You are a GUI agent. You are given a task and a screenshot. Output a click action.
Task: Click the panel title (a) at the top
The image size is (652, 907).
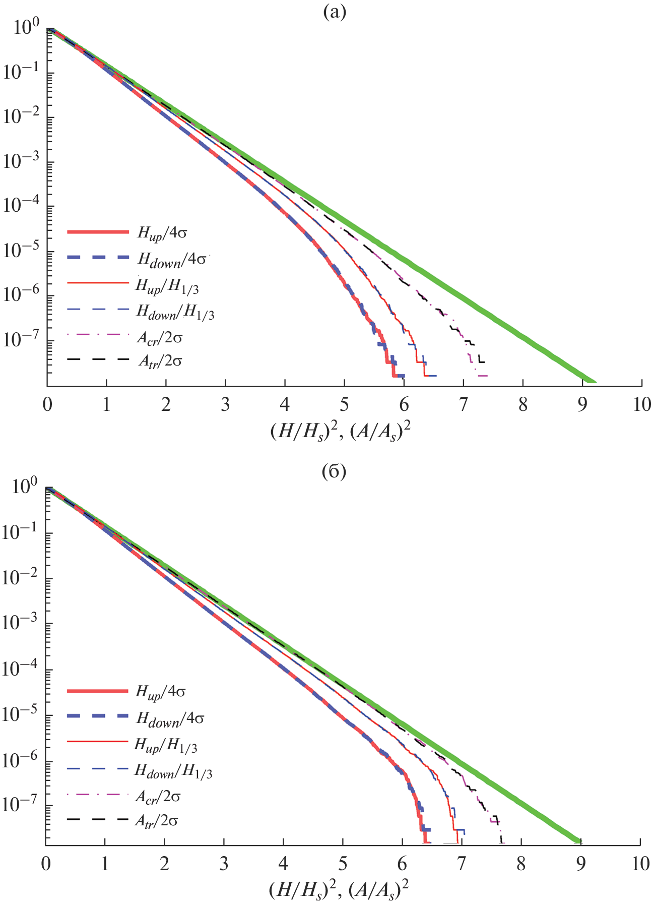(x=335, y=12)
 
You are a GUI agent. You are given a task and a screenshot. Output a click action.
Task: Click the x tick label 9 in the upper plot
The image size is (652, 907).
(x=582, y=405)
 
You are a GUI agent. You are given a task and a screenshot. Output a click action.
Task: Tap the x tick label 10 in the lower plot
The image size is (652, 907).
(x=640, y=864)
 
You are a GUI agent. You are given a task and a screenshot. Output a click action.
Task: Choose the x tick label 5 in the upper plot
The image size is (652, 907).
(x=345, y=405)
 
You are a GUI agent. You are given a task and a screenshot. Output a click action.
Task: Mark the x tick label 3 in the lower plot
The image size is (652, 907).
(x=224, y=864)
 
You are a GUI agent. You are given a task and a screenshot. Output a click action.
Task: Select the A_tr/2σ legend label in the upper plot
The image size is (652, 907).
(x=160, y=361)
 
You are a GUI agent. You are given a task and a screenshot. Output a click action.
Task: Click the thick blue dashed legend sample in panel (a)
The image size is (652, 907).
(x=98, y=258)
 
